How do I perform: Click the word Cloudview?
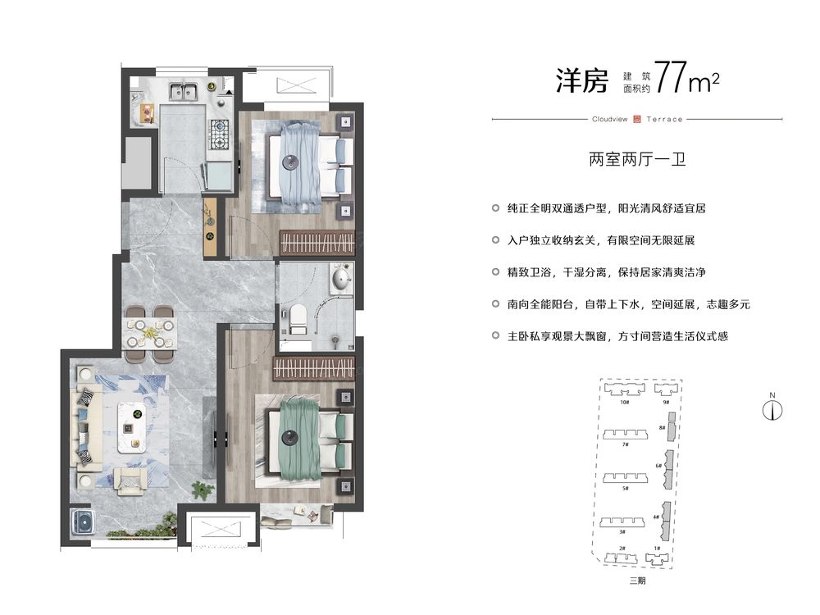pos(609,119)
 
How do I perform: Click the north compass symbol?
pos(772,409)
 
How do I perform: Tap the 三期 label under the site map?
pos(637,581)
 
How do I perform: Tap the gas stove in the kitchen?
pos(221,134)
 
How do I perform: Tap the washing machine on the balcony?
pos(81,522)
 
